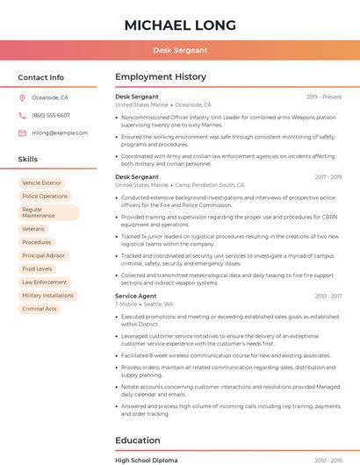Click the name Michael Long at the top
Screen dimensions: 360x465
[x=180, y=25]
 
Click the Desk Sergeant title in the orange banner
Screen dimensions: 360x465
[x=180, y=50]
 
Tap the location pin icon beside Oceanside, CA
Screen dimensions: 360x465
[x=22, y=98]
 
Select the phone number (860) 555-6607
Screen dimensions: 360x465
[x=51, y=116]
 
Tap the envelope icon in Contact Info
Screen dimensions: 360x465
[x=22, y=133]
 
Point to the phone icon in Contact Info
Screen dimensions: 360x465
[x=22, y=116]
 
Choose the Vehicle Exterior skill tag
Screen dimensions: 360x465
[x=42, y=182]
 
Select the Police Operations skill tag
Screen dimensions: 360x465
[x=45, y=197]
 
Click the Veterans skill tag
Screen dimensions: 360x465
[x=33, y=229]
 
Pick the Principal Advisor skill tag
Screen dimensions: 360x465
[x=44, y=255]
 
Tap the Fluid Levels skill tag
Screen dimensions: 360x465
[x=37, y=269]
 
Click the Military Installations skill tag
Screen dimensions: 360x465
[x=47, y=296]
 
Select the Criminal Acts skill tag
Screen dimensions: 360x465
[x=40, y=309]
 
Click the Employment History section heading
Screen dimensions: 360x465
[x=161, y=77]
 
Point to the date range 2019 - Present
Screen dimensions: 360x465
[x=324, y=97]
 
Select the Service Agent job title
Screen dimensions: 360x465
[x=136, y=297]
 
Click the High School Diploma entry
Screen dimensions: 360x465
[x=146, y=460]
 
